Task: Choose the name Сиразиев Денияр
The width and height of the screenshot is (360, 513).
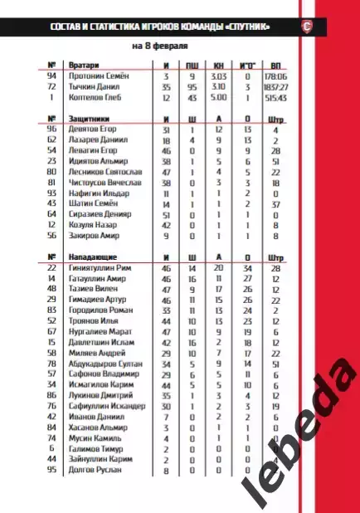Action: point(97,214)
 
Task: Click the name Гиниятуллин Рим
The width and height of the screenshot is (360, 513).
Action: point(100,268)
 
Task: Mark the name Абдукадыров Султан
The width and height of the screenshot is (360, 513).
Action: point(103,363)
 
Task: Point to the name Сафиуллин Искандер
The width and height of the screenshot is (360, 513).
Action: point(105,406)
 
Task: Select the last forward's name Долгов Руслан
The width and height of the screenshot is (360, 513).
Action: point(93,470)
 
